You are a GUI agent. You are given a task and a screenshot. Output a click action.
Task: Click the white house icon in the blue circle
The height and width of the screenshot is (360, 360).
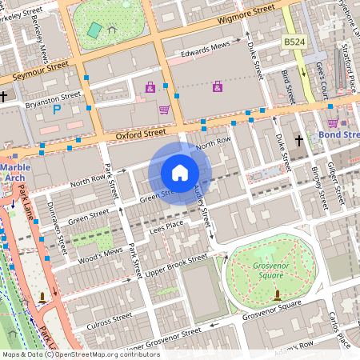click(180, 172)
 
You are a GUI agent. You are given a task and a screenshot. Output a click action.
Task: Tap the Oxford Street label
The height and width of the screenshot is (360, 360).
click(140, 135)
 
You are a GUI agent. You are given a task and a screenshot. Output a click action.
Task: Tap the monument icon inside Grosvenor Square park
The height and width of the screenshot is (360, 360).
click(277, 295)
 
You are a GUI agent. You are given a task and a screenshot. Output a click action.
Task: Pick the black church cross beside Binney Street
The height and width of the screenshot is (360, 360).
click(299, 141)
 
